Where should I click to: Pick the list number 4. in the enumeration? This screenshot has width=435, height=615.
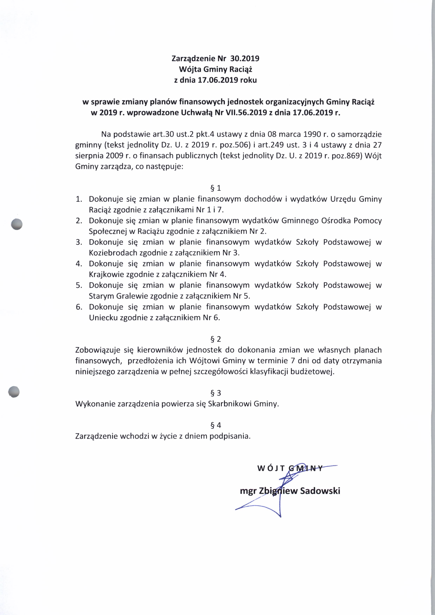(x=79, y=264)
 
